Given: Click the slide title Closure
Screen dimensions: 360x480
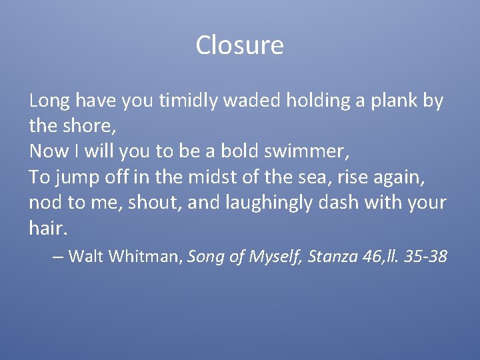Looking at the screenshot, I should [x=239, y=45].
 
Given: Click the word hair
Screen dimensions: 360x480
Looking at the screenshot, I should [x=47, y=228].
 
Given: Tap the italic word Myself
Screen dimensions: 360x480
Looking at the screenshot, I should [x=274, y=257].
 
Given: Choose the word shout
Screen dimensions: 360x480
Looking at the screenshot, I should [x=156, y=203].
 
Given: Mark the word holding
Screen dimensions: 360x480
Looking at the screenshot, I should [x=313, y=101].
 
